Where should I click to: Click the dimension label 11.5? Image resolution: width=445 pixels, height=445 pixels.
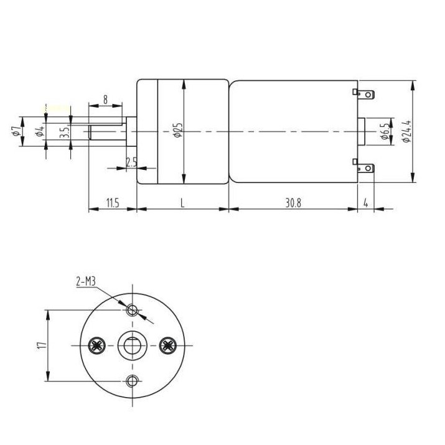click(112, 203)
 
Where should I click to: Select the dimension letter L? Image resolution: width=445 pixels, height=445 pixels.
click(182, 203)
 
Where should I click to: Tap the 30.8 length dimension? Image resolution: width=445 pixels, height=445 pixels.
click(293, 203)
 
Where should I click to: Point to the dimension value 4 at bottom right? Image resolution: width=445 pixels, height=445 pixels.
click(366, 203)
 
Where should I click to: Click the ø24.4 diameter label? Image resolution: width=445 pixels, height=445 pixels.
click(406, 131)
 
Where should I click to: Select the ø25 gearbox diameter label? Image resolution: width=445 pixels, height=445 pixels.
click(178, 130)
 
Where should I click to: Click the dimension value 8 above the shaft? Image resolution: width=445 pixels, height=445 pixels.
click(105, 99)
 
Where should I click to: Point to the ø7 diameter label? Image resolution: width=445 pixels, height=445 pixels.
click(15, 131)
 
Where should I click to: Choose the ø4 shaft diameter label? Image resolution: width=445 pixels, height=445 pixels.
click(39, 131)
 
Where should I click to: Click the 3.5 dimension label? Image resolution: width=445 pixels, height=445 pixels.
click(63, 132)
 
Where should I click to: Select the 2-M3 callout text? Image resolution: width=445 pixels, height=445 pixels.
click(86, 282)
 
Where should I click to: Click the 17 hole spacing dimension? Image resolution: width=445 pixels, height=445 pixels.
click(40, 345)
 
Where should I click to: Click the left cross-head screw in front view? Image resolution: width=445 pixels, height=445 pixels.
click(96, 345)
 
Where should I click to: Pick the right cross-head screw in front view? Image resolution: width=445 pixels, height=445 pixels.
click(167, 345)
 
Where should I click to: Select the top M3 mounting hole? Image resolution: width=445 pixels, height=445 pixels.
click(131, 310)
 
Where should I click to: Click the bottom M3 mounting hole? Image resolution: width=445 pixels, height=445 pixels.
click(131, 381)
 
